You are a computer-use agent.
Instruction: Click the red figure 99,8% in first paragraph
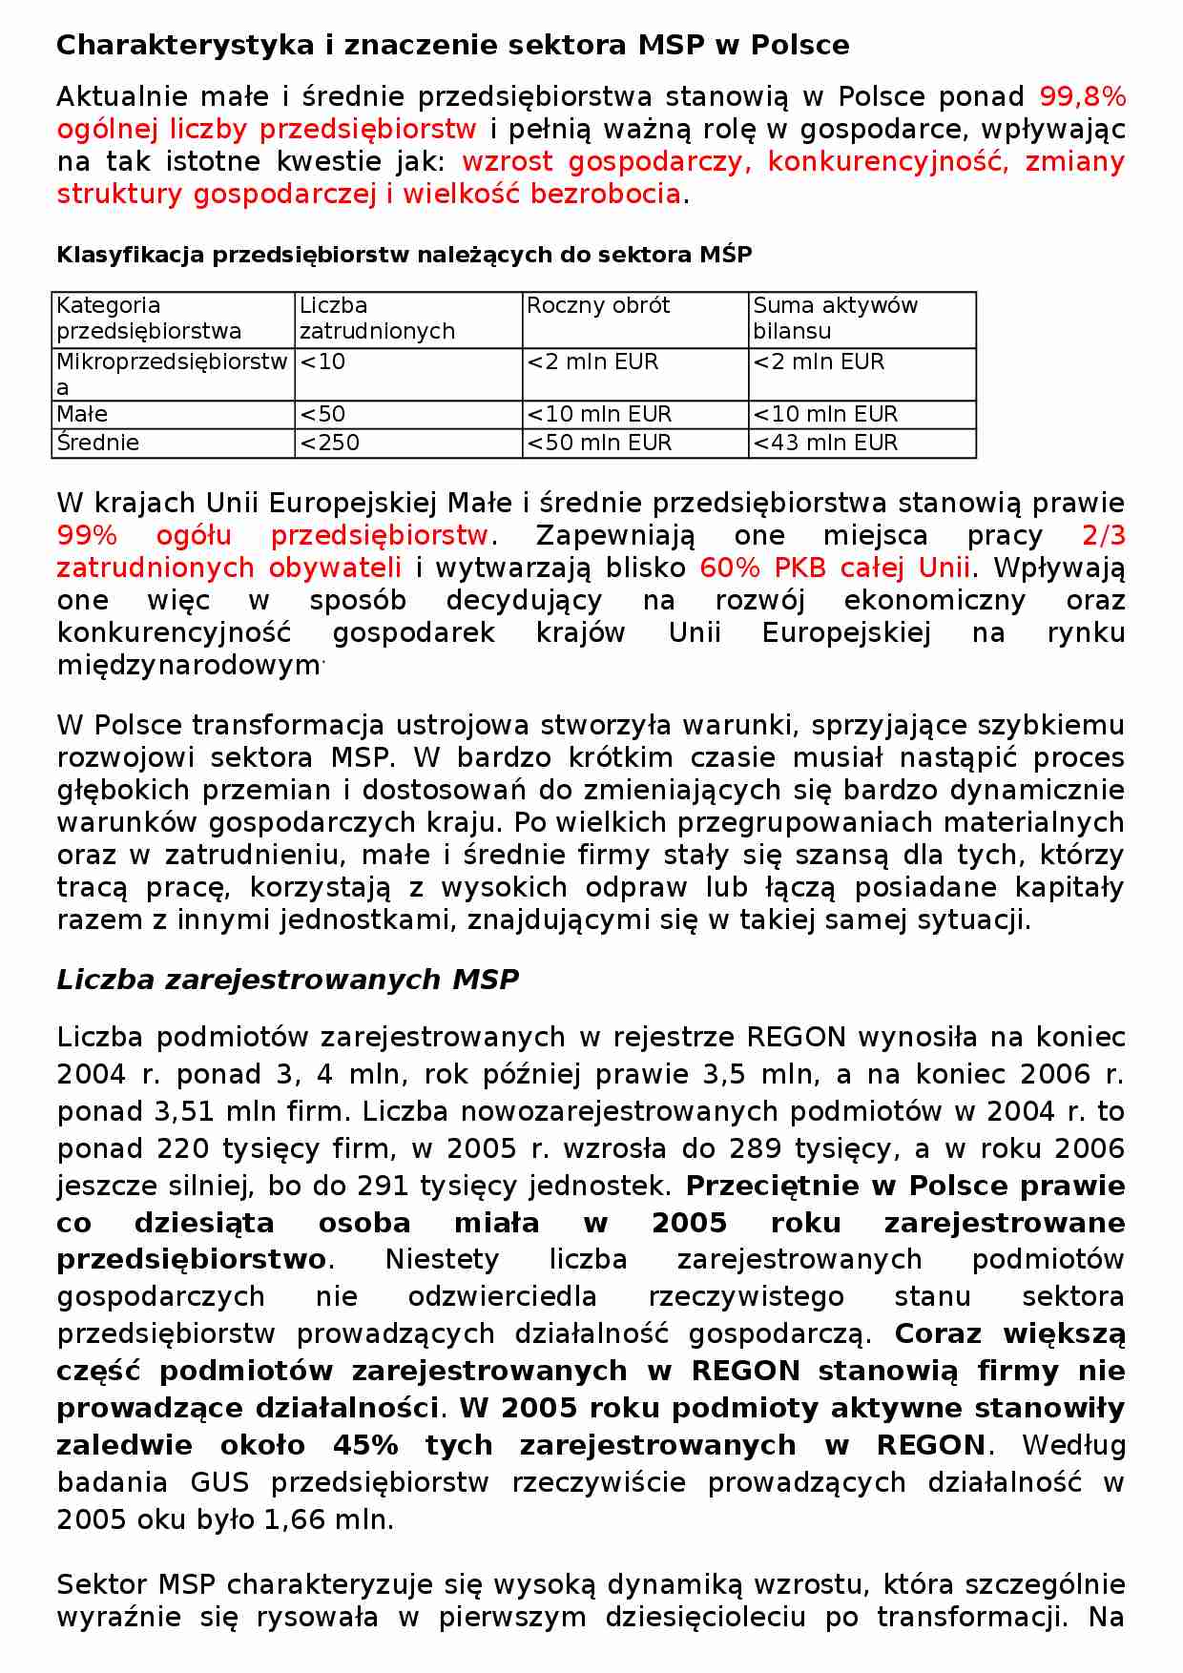1082,97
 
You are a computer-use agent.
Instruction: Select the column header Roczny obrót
598,306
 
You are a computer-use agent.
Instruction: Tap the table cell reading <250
330,444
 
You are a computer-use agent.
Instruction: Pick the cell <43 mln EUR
825,444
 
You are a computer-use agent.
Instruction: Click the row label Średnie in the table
98,444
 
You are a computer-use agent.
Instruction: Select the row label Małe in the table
82,415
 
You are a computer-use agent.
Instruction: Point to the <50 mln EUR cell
599,444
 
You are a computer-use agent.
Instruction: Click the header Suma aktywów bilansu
835,319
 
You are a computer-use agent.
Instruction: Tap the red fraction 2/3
1103,536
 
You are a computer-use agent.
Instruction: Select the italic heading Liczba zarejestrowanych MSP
287,980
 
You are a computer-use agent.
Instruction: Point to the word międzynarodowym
188,666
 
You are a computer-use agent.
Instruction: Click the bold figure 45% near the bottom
365,1445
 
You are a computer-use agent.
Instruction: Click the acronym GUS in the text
219,1482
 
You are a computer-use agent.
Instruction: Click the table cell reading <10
322,362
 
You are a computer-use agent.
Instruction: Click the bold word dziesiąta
204,1223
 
